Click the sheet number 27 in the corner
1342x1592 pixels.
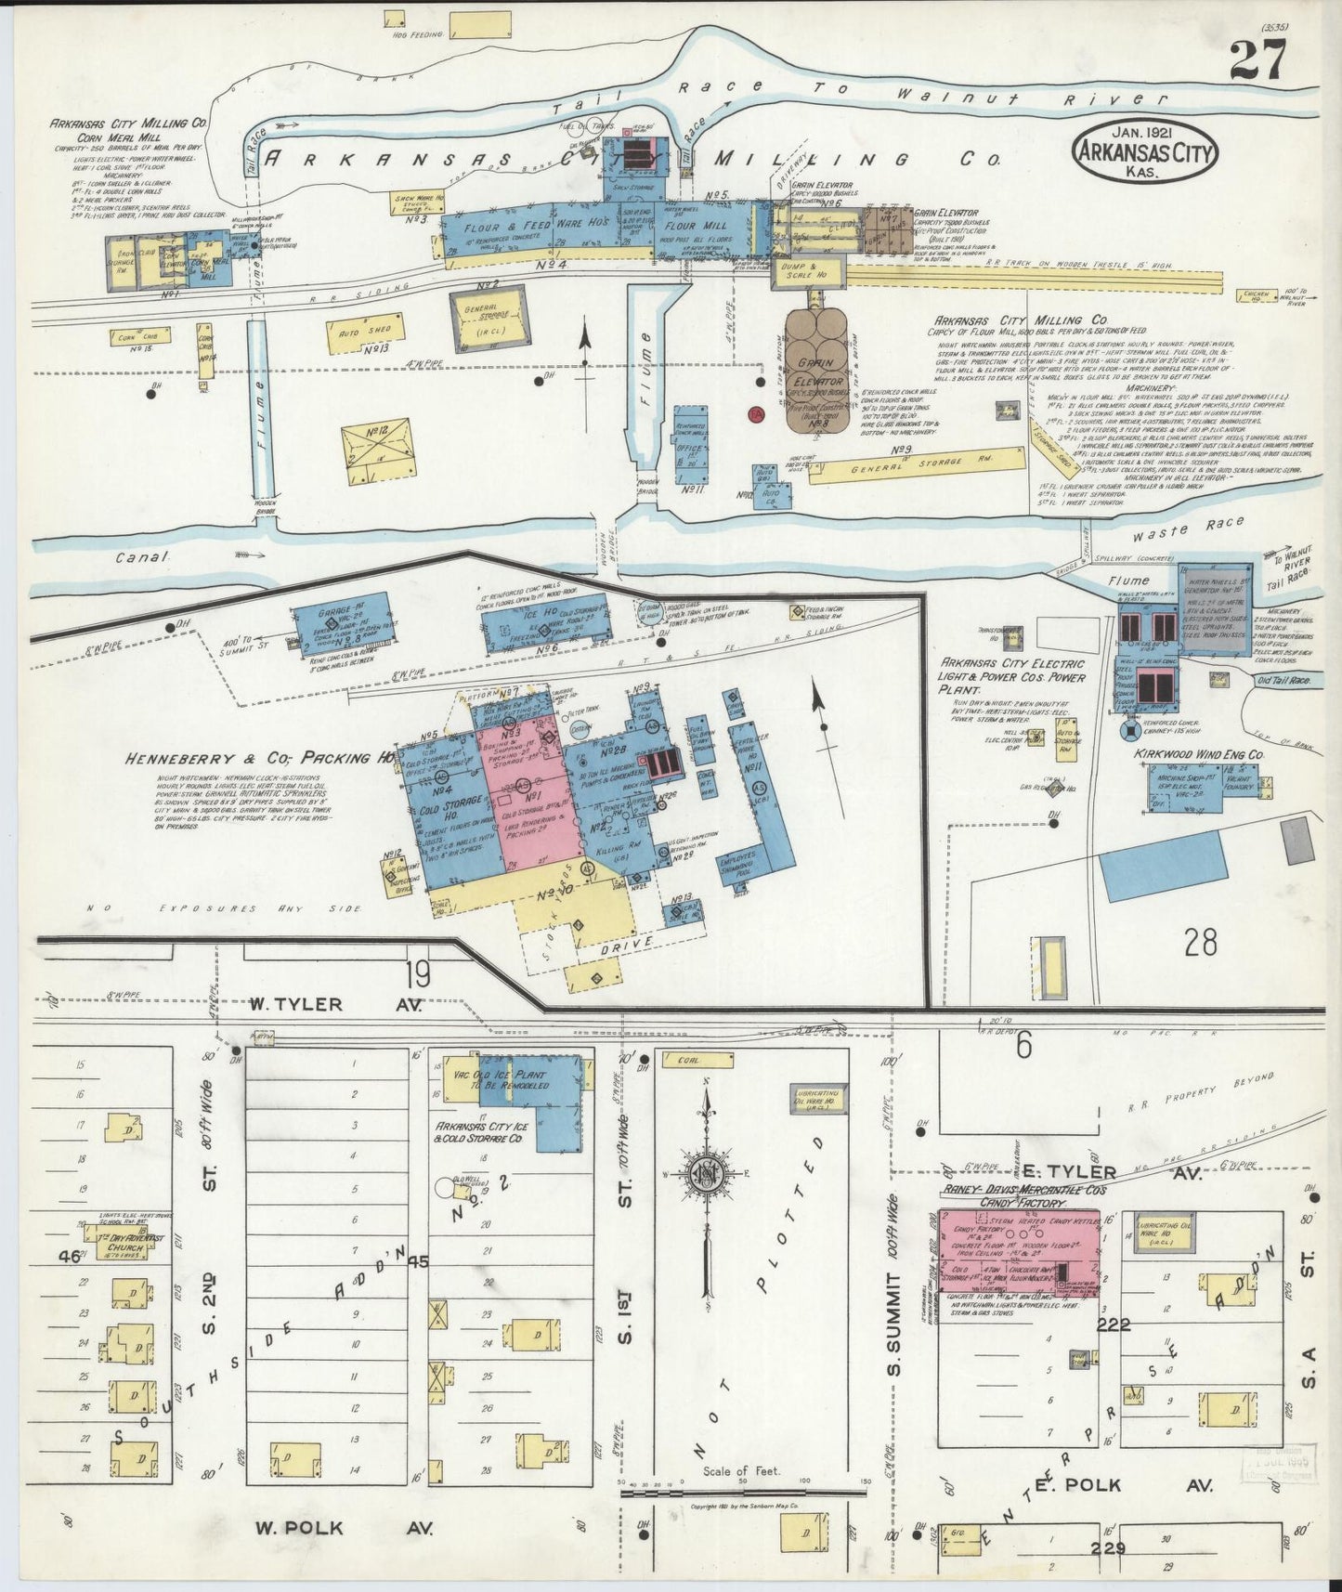1257,61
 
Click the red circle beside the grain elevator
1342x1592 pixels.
756,412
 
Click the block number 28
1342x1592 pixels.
1200,944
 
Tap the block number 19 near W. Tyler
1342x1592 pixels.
417,974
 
